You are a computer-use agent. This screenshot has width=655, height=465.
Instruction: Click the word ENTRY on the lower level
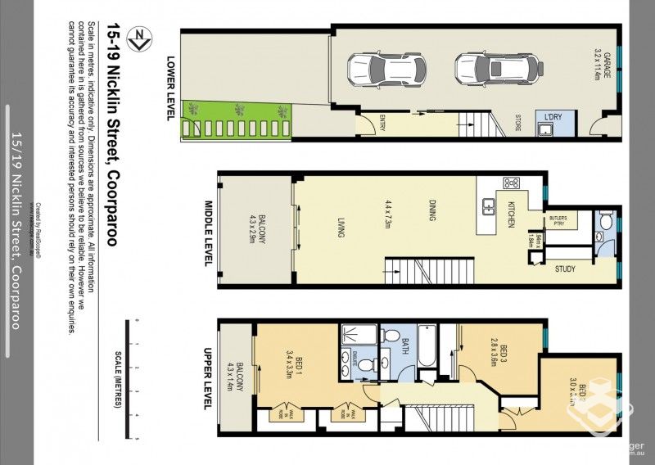382,123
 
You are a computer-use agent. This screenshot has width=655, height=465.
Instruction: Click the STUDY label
565,269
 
